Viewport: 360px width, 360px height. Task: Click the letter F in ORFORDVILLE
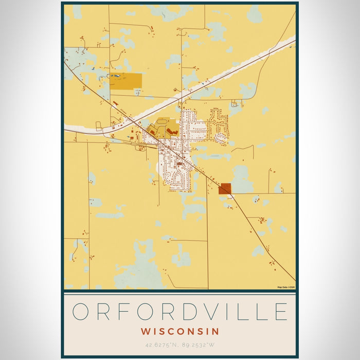tap(126, 312)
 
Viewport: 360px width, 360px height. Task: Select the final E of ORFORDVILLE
tap(280, 312)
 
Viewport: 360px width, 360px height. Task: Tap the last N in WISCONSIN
tap(216, 332)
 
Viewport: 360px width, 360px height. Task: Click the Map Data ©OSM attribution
tap(286, 287)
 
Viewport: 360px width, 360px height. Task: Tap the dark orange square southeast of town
tap(224, 189)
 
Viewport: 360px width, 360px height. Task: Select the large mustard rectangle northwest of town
tap(127, 81)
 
